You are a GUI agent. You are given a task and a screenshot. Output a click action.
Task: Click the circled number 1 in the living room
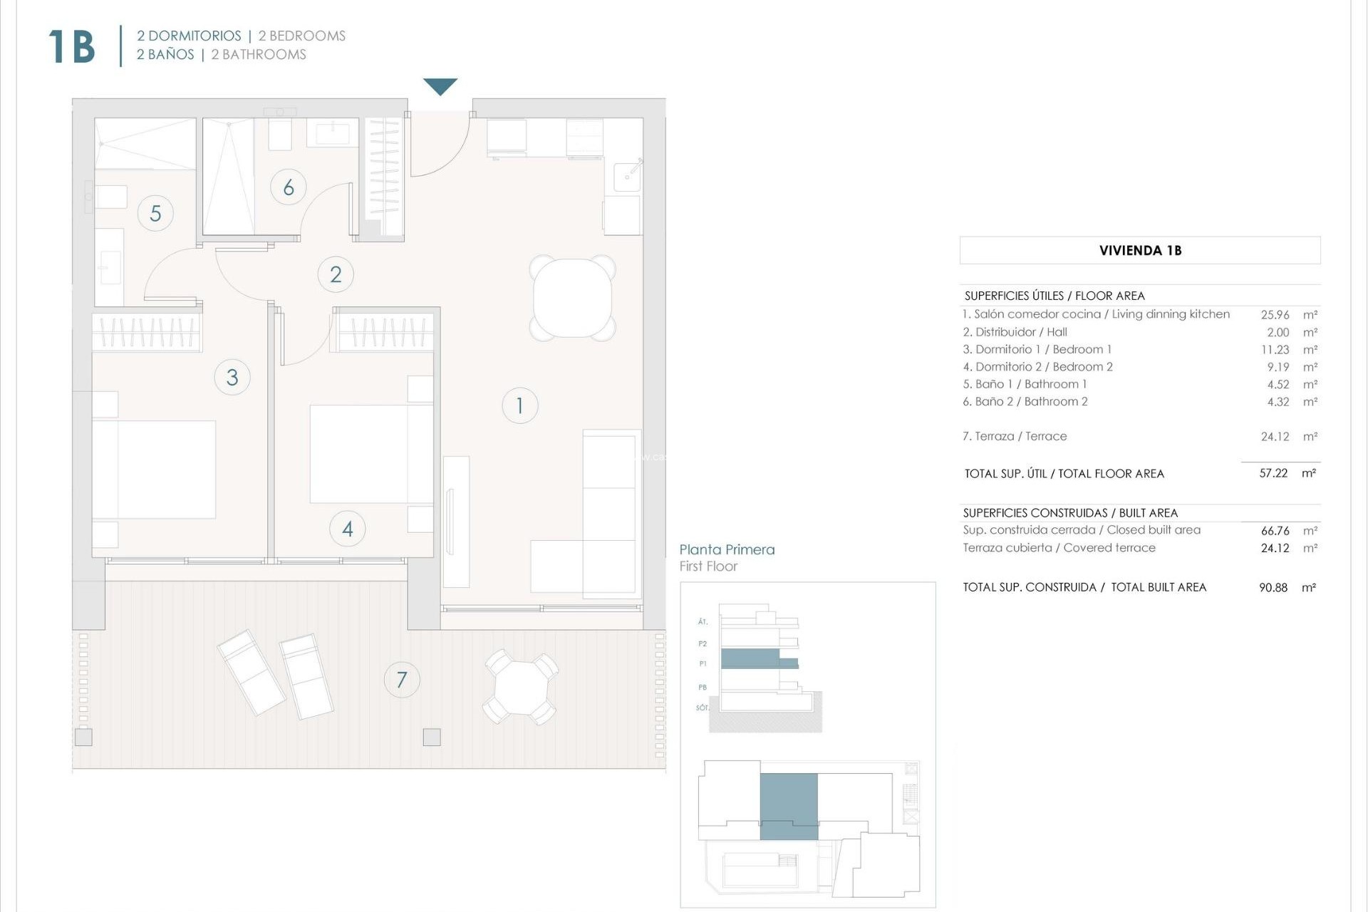(519, 405)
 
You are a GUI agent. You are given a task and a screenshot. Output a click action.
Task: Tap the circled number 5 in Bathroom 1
(155, 213)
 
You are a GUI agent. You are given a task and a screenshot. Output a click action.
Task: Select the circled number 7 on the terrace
(402, 680)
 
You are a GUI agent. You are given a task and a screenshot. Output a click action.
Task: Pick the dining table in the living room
(573, 298)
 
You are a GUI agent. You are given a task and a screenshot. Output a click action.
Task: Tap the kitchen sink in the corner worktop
(627, 173)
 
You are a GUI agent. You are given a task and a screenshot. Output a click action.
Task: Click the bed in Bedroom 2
(370, 454)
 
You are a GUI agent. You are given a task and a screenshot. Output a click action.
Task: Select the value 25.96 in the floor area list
(1275, 314)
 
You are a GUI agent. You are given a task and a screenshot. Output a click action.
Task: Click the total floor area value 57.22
(1273, 473)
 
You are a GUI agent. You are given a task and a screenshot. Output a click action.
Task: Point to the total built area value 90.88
(1273, 588)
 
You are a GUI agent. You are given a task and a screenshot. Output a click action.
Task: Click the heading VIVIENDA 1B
(1140, 250)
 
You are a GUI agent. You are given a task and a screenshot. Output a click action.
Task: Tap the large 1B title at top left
(71, 47)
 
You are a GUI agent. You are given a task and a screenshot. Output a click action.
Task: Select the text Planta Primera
(727, 549)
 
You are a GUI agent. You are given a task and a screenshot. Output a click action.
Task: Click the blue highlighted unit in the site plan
(788, 805)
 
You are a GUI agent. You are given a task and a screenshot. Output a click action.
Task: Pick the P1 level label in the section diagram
(703, 663)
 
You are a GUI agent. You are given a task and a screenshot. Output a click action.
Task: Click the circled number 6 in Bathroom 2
(289, 187)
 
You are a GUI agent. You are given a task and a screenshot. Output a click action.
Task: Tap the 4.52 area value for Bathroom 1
(1278, 384)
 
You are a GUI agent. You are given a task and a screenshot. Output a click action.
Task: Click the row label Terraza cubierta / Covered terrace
(1059, 548)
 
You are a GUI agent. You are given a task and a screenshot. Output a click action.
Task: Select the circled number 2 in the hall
(336, 274)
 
